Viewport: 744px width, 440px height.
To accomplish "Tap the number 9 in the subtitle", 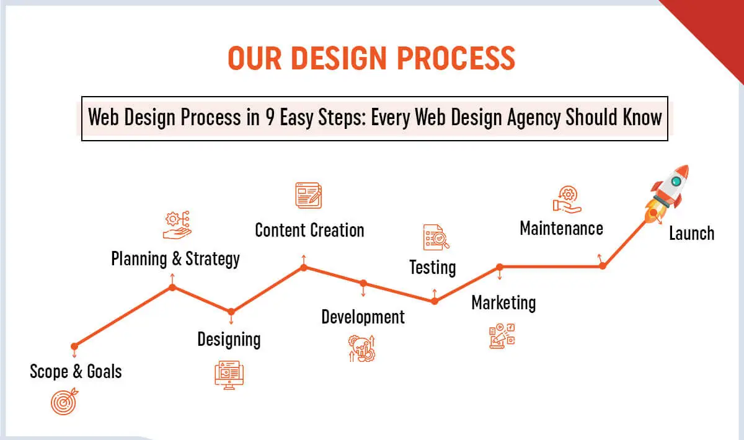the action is click(x=270, y=117).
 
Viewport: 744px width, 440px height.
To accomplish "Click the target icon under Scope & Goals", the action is click(x=64, y=402).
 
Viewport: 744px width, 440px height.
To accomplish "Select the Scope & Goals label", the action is click(x=76, y=371).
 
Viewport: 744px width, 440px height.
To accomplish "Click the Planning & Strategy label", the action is click(x=175, y=259).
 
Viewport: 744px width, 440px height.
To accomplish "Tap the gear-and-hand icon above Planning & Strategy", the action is click(x=177, y=225).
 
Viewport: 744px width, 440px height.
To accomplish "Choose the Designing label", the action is click(x=229, y=340).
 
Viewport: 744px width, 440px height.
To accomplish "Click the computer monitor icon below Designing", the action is click(x=229, y=375).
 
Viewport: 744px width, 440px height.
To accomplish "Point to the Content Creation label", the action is click(x=309, y=230).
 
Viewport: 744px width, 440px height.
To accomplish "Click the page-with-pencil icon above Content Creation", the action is click(x=309, y=196).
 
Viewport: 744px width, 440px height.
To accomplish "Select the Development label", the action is click(x=363, y=317).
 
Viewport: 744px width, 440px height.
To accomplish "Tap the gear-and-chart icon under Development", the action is click(x=361, y=348).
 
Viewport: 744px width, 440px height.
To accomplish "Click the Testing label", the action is click(x=433, y=268).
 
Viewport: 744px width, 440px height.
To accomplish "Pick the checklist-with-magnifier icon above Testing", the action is click(x=436, y=237).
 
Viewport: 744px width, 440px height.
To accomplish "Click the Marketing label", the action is click(x=503, y=303).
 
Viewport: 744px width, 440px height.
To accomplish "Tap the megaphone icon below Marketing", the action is click(x=502, y=336).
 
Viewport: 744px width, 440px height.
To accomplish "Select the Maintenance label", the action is click(x=561, y=229).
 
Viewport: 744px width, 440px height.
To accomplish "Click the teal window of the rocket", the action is click(x=676, y=182).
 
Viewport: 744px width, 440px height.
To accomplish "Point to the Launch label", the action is click(x=691, y=233).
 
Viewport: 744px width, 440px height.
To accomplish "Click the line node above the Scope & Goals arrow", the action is click(x=74, y=346).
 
